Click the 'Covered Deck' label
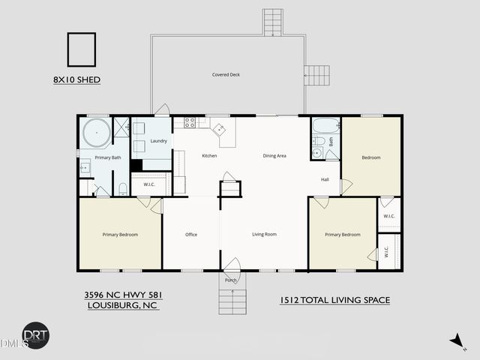(x=225, y=74)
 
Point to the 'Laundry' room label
(x=158, y=141)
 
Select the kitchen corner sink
(x=222, y=129)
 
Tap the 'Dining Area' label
(x=274, y=156)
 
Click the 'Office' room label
(x=191, y=235)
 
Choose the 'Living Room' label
(x=264, y=235)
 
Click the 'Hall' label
(x=325, y=179)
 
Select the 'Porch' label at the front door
(x=230, y=280)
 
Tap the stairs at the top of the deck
(x=272, y=22)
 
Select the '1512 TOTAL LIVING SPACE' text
(x=334, y=300)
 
